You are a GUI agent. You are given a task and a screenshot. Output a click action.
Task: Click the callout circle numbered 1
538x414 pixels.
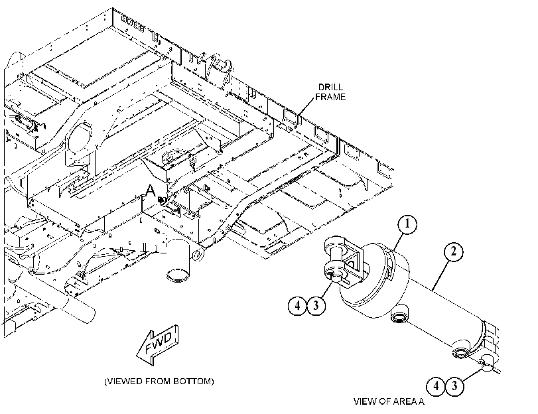(x=407, y=224)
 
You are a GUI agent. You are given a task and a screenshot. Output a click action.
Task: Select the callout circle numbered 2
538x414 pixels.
(x=454, y=252)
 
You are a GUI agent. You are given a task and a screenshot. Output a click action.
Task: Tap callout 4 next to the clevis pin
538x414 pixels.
(x=297, y=305)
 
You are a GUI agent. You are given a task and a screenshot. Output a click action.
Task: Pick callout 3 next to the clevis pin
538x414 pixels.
(x=316, y=305)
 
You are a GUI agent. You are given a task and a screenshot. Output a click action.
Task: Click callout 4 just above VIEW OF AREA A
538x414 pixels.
(x=436, y=386)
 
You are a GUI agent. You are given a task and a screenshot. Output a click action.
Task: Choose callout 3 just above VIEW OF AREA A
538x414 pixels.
(x=454, y=386)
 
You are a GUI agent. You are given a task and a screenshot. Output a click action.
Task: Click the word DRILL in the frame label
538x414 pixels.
(x=330, y=87)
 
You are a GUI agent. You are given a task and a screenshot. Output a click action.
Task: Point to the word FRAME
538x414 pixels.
(x=330, y=97)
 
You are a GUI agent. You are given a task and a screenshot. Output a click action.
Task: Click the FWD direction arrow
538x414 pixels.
(x=158, y=344)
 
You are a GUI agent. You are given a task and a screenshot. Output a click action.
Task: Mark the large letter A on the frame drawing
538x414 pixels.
(x=150, y=192)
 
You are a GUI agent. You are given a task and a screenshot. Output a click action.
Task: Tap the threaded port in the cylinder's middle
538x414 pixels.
(x=400, y=314)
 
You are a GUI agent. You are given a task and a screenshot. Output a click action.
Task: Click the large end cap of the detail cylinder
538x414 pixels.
(x=374, y=281)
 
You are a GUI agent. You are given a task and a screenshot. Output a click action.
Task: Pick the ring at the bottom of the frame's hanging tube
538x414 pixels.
(x=178, y=275)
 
